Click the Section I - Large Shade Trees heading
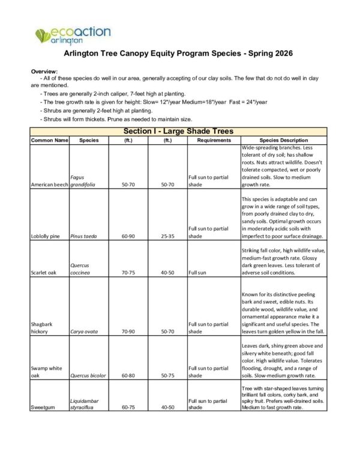(x=178, y=131)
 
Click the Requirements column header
(x=209, y=140)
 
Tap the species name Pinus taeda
(x=85, y=236)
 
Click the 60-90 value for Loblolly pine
(x=128, y=236)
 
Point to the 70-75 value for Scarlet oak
(x=128, y=272)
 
